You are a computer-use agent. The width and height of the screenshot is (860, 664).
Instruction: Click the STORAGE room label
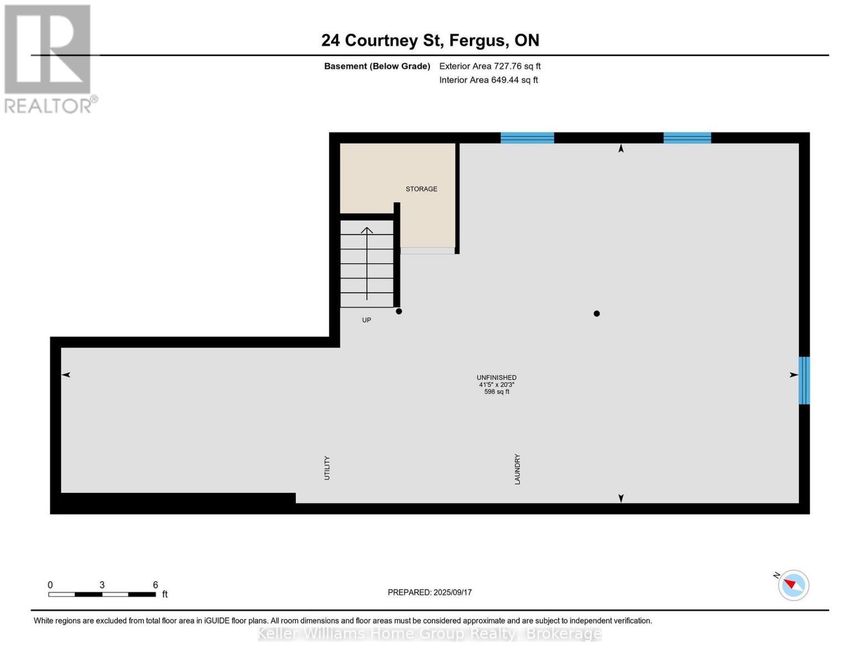[x=421, y=189]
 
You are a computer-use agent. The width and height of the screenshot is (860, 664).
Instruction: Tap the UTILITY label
[x=327, y=468]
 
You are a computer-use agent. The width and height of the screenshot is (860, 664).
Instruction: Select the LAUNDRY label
[x=517, y=469]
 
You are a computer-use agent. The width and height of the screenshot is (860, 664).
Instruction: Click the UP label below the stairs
[x=366, y=320]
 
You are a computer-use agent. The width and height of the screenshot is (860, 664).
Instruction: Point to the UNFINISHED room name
[x=496, y=377]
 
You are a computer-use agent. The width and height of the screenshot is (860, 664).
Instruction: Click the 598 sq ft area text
[x=496, y=392]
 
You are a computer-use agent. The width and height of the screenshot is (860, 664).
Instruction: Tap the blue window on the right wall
[x=804, y=380]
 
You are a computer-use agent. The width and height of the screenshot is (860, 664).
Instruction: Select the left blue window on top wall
[x=527, y=138]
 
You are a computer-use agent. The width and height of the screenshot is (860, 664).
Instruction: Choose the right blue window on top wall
[x=687, y=138]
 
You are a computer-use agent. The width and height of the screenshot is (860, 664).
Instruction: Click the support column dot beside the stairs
[x=399, y=312]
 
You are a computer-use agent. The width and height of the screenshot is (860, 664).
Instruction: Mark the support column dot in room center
[x=597, y=314]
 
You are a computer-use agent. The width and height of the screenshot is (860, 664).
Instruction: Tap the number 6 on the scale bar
[x=156, y=585]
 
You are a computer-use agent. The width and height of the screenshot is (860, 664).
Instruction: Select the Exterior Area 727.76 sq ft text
[x=490, y=66]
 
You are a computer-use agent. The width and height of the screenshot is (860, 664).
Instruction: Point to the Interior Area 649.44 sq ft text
[x=488, y=80]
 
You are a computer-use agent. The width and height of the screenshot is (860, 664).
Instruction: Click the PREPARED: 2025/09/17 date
[x=429, y=593]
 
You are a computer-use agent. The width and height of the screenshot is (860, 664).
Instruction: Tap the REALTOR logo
[x=49, y=58]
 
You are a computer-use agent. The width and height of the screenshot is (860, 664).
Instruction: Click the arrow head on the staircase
[x=367, y=230]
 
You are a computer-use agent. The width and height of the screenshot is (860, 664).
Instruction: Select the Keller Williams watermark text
[x=429, y=634]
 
